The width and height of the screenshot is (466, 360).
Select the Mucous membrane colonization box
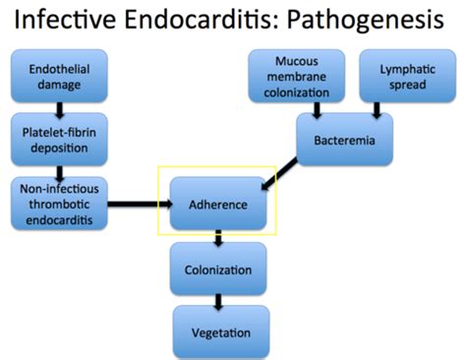(x=298, y=77)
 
